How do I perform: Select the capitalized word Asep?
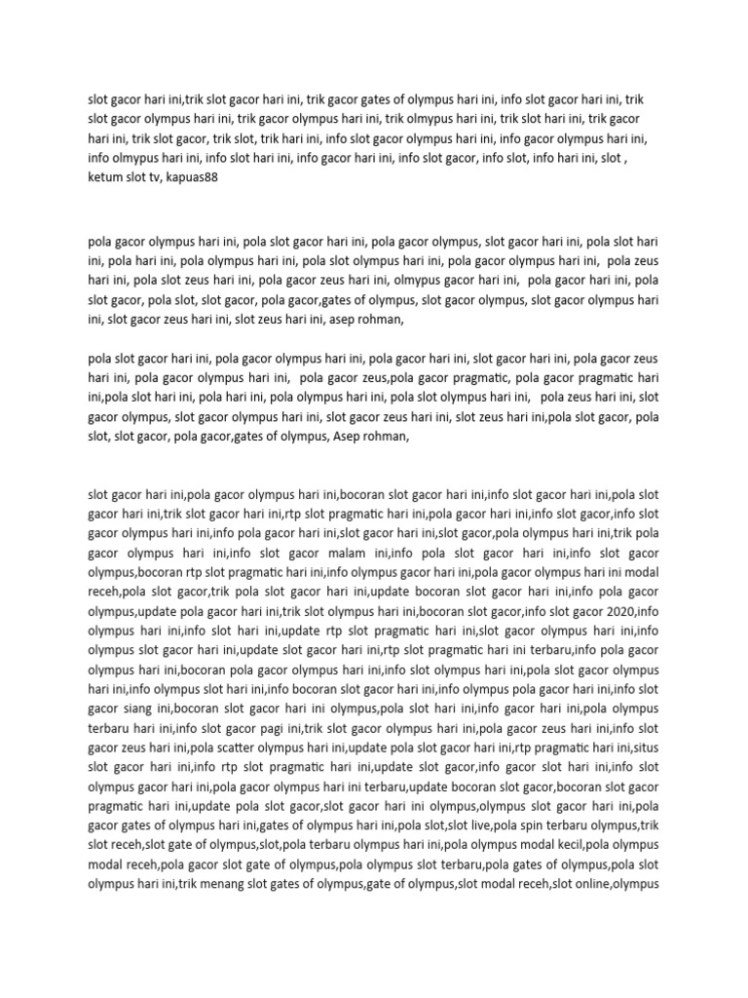[x=347, y=439]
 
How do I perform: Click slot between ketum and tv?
[x=133, y=181]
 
